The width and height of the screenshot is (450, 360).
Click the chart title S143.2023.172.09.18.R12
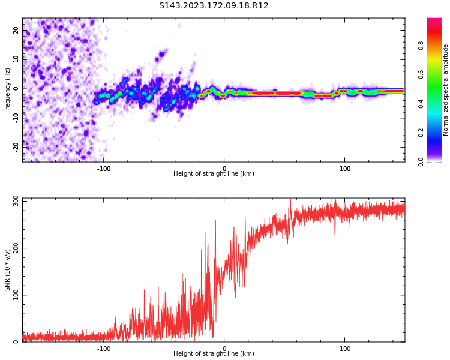[214, 6]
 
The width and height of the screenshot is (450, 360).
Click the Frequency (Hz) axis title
[8, 90]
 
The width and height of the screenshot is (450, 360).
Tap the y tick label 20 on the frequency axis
[16, 30]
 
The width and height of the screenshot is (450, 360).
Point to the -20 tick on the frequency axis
[16, 146]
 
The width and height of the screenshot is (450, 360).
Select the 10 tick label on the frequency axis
[16, 59]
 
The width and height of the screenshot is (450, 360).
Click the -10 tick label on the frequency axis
[16, 117]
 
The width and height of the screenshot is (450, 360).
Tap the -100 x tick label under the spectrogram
[104, 169]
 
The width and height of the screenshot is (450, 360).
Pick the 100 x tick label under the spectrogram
[345, 169]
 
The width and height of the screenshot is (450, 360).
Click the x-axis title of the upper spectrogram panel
[214, 174]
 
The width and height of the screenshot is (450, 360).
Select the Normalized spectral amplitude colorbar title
[446, 90]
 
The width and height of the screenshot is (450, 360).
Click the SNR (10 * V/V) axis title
[8, 270]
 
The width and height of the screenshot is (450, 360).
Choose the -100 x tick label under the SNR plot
[104, 349]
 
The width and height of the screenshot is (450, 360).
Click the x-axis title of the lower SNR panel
[214, 354]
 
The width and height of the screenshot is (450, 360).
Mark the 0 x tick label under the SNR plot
[224, 349]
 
